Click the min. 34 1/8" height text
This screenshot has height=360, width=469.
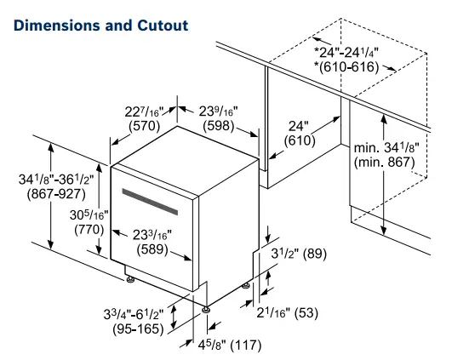coord(386,148)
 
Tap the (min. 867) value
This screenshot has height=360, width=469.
coord(386,163)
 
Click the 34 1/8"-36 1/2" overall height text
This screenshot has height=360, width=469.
coord(49,180)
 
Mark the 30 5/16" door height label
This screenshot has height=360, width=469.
coord(89,214)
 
